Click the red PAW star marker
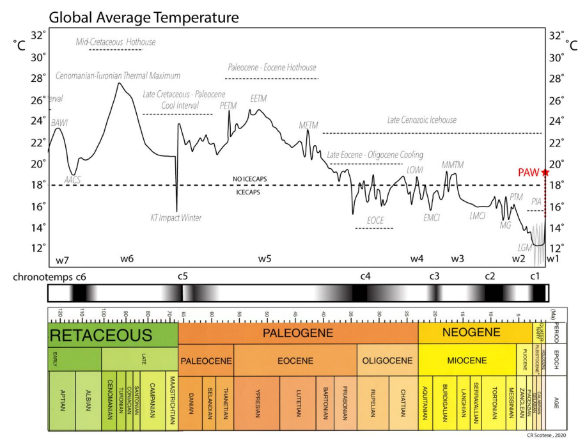[545, 173]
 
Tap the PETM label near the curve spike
[228, 104]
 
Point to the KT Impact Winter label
[176, 218]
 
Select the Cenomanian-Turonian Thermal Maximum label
[118, 75]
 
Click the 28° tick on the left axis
[38, 78]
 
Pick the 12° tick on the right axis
[557, 248]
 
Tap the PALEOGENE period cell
[297, 333]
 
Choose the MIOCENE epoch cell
[467, 361]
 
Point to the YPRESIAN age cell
[256, 401]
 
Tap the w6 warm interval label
[127, 258]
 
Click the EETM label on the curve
[258, 98]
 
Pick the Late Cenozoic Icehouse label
[422, 120]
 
